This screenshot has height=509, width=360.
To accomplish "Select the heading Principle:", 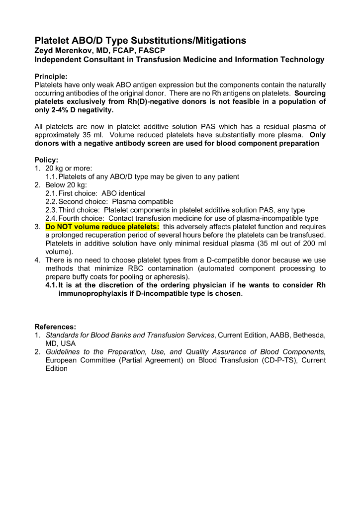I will point(51,77).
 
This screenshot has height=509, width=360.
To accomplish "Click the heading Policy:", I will point(46,160).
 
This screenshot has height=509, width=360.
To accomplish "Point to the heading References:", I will point(55,327).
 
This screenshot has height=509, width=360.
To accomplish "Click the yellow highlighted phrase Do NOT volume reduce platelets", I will point(102,227).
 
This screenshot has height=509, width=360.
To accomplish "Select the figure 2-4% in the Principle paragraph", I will point(64,110).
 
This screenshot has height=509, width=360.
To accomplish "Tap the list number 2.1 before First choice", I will point(51,193).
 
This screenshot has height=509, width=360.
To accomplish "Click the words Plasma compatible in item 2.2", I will point(143,202).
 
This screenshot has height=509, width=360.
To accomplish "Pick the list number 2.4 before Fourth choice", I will point(51,218).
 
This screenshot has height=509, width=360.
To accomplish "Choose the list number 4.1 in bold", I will point(51,285).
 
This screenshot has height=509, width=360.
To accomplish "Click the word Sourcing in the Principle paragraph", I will point(310,93).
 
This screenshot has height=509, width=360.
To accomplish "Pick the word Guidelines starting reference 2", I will point(65,352).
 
